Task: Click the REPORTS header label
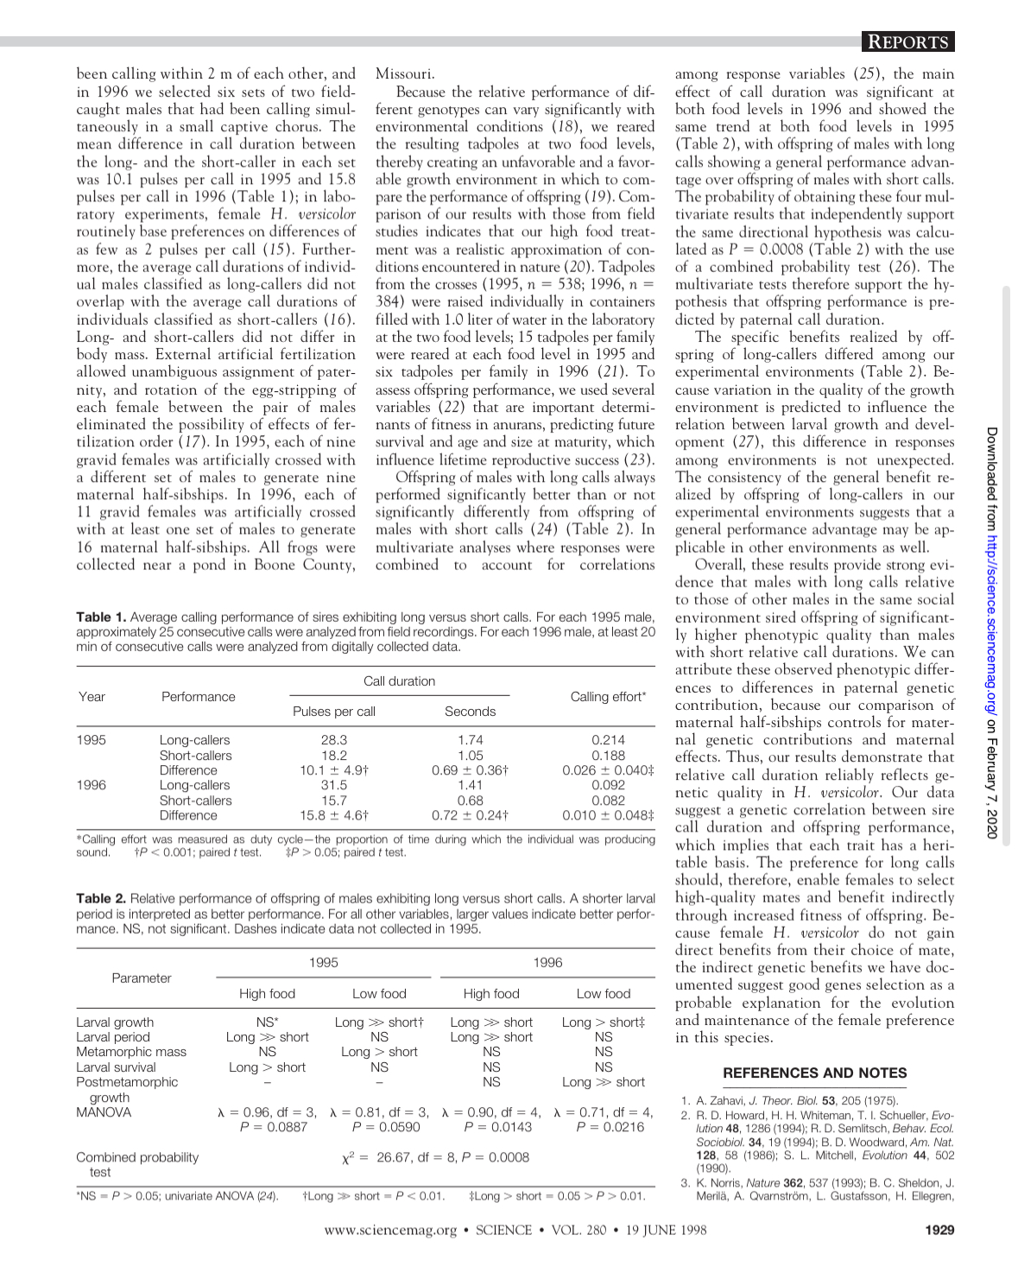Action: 906,42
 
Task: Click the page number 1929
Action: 939,1230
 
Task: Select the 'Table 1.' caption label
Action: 101,617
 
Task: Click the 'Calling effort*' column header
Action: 607,696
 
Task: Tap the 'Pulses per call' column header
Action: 334,712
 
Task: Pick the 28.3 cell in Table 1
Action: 334,740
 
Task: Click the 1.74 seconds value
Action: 470,740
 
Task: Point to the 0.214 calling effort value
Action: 608,740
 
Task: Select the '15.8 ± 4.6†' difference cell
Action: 334,814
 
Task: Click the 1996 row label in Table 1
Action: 92,785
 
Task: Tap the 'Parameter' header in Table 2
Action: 142,978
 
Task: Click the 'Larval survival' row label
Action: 116,1067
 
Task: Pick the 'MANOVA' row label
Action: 104,1112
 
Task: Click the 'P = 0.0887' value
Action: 274,1126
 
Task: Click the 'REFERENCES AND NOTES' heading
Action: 814,1073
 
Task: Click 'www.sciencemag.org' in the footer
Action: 390,1230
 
